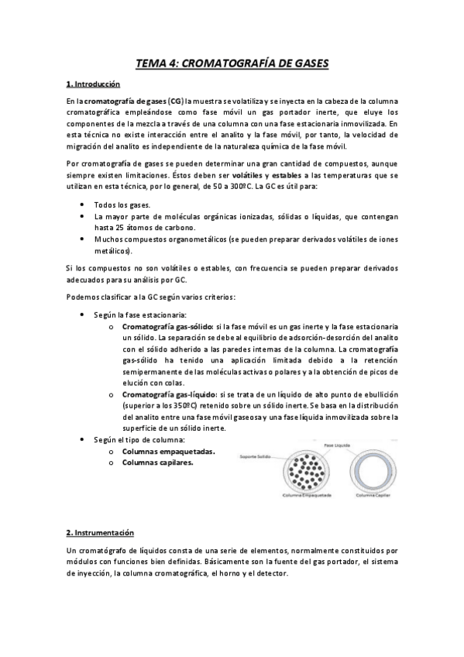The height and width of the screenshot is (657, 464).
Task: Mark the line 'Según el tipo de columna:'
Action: tap(139, 440)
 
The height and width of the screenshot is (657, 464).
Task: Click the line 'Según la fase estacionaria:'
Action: tap(141, 316)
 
